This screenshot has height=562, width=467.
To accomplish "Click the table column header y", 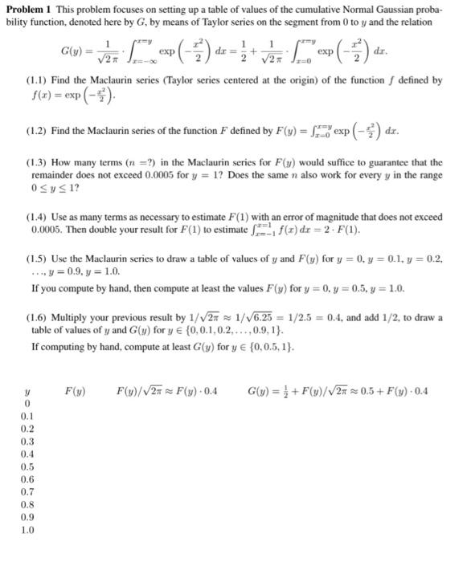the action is point(28,391).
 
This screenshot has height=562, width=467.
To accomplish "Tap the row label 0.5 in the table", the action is point(28,466).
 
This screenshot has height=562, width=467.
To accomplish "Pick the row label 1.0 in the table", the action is point(28,531).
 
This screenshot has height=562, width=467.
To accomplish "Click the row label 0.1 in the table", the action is point(28,416).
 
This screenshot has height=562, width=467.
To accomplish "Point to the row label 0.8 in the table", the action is point(28,505).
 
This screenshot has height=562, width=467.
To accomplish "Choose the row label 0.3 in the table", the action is point(28,441).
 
